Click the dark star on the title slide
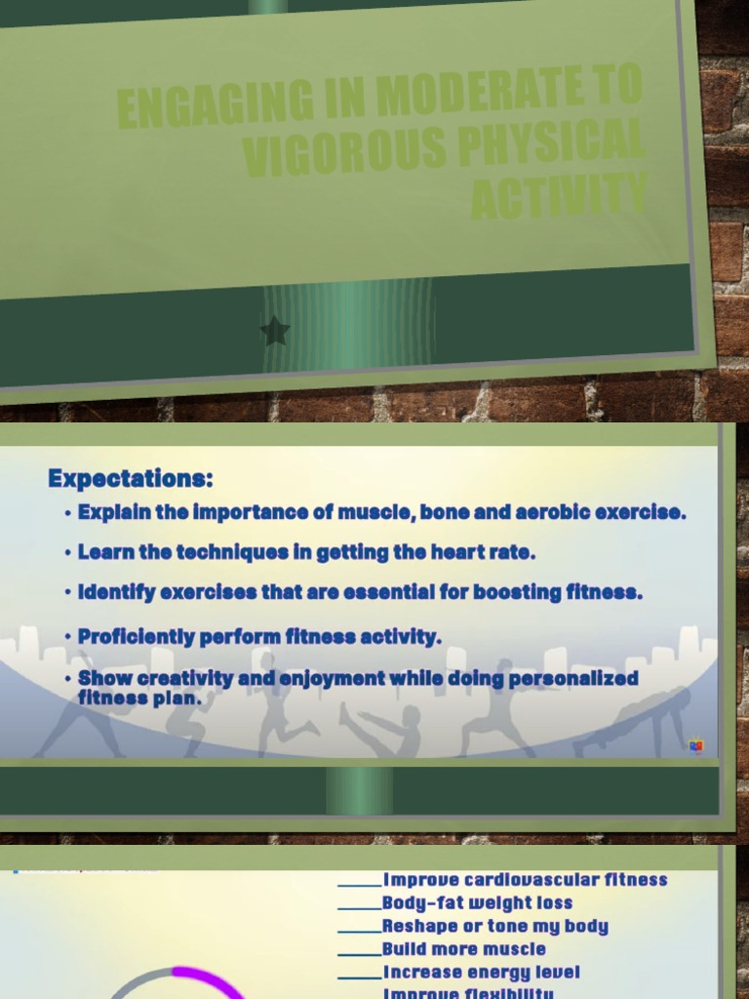275,331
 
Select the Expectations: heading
131,479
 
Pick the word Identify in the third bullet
116,592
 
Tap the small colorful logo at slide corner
696,746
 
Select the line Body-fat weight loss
477,903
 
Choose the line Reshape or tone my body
494,927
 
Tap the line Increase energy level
481,973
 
